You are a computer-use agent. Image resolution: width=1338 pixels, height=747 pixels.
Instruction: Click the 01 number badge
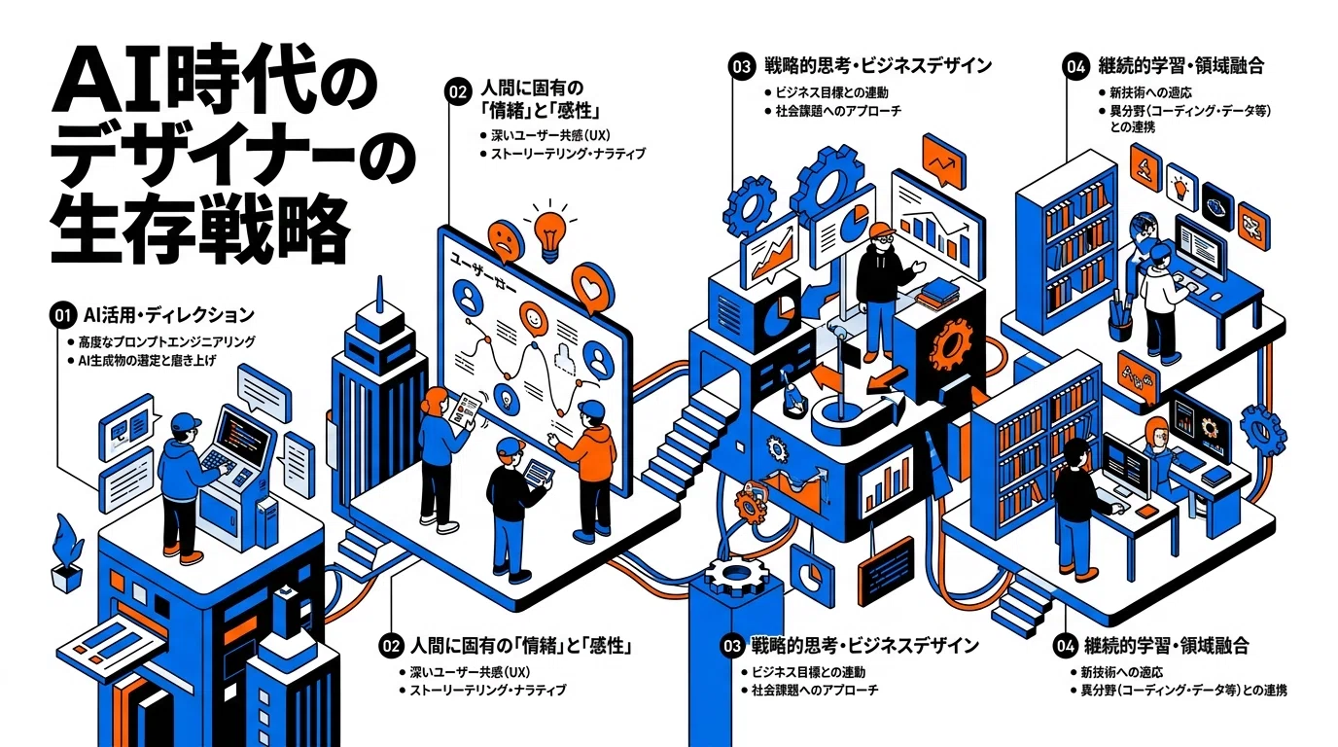[63, 315]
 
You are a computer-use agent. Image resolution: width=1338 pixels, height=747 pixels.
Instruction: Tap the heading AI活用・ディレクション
[169, 315]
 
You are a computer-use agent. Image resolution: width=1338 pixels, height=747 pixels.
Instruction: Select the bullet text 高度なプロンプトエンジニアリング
[167, 341]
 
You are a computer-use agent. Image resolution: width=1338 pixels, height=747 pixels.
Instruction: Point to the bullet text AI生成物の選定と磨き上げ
[147, 361]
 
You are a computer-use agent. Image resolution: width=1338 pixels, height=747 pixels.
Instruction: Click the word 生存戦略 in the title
[200, 231]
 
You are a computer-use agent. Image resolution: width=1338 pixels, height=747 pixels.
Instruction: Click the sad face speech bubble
[506, 241]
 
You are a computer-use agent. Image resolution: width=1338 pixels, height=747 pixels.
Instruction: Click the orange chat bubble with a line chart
[944, 160]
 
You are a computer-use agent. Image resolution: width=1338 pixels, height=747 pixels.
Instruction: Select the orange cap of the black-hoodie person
[882, 230]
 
